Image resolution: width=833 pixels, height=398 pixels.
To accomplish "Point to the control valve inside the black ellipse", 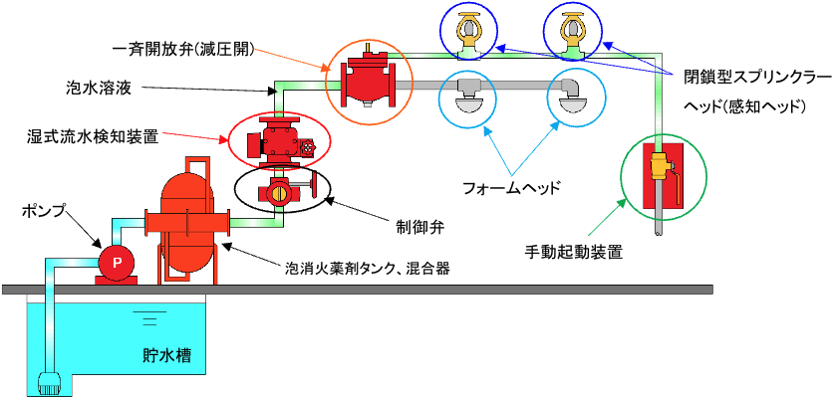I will coord(278,188).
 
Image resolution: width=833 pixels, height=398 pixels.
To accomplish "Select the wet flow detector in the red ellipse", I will coord(278,140).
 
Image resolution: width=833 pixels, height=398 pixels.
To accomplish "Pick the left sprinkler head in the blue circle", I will coord(472,30).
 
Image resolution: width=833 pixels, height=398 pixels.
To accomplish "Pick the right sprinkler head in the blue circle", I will coord(573,30).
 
